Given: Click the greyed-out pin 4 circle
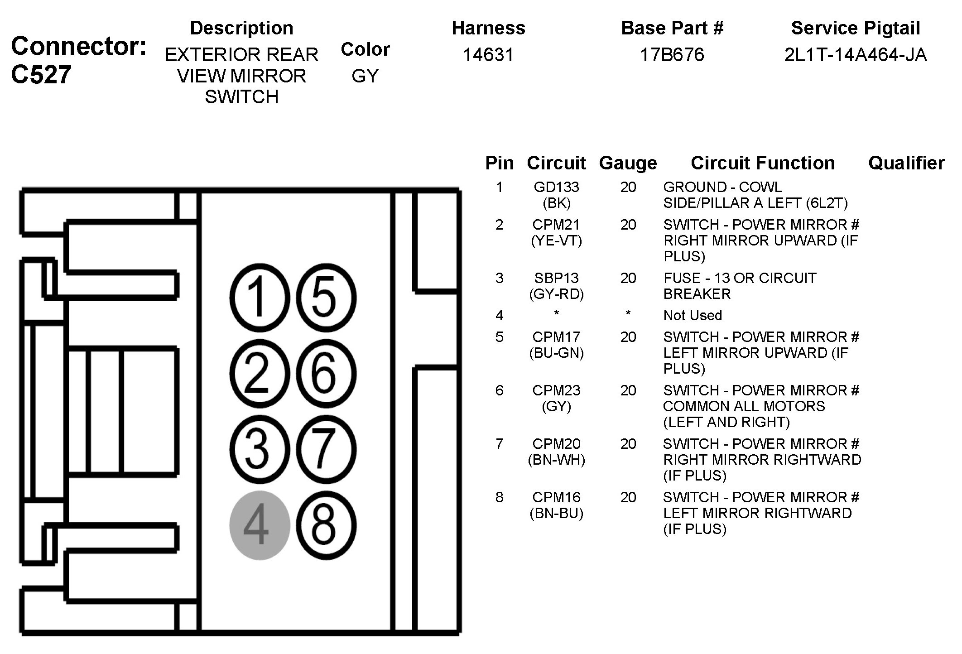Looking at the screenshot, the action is pyautogui.click(x=260, y=525).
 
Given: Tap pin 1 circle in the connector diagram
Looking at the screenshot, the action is pyautogui.click(x=260, y=298).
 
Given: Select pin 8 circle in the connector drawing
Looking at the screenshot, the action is pyautogui.click(x=326, y=525).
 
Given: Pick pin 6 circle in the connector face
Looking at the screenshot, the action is pyautogui.click(x=326, y=374).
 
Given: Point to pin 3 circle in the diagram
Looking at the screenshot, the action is pyautogui.click(x=260, y=449).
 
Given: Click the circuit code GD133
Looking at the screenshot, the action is pyautogui.click(x=556, y=187).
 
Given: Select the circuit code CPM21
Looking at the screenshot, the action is pyautogui.click(x=556, y=225).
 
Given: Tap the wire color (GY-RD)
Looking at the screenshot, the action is pyautogui.click(x=556, y=294).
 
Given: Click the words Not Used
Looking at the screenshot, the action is pyautogui.click(x=693, y=315).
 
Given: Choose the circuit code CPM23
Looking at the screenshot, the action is pyautogui.click(x=556, y=390).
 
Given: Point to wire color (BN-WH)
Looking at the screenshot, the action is pyautogui.click(x=556, y=460).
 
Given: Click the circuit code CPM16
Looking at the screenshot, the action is pyautogui.click(x=556, y=497).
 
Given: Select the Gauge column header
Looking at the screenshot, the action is pyautogui.click(x=628, y=163).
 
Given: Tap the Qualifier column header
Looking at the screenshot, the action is pyautogui.click(x=906, y=163).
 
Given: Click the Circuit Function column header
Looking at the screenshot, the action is pyautogui.click(x=763, y=163).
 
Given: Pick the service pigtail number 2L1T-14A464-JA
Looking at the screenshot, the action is pyautogui.click(x=855, y=55).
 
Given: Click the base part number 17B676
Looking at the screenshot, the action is pyautogui.click(x=672, y=55).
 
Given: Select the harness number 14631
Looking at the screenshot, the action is pyautogui.click(x=488, y=55).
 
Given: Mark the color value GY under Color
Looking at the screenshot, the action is pyautogui.click(x=365, y=76).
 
